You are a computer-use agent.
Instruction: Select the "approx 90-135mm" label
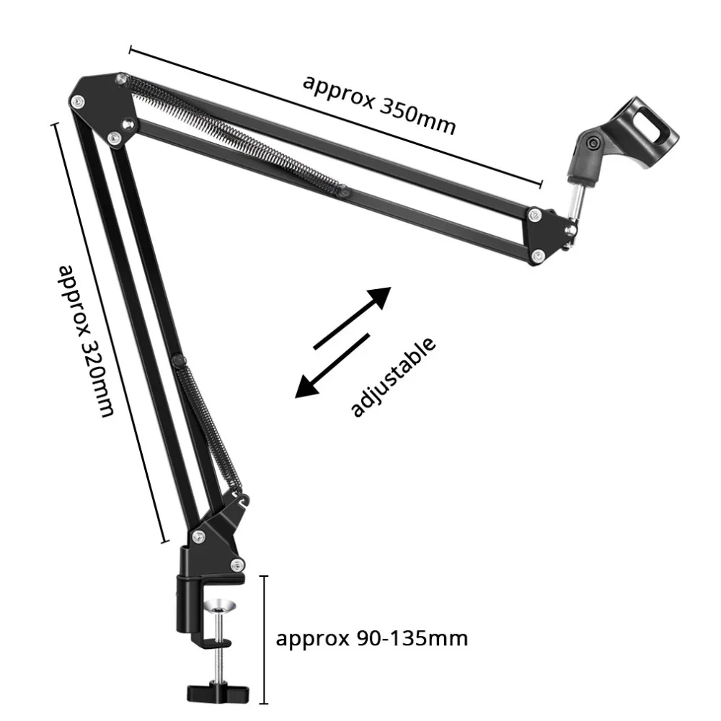pyautogui.click(x=372, y=638)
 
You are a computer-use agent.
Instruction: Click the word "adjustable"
pyautogui.click(x=393, y=377)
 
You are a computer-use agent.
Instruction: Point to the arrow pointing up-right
pyautogui.click(x=353, y=317)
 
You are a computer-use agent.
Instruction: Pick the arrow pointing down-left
pyautogui.click(x=332, y=365)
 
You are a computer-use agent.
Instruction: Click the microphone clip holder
pyautogui.click(x=619, y=144)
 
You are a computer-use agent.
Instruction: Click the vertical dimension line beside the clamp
pyautogui.click(x=265, y=639)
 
